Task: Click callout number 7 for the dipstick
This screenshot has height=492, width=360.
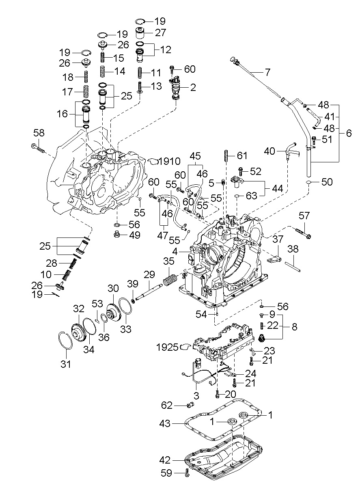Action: pyautogui.click(x=267, y=73)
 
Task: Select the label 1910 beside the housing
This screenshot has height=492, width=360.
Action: pyautogui.click(x=170, y=161)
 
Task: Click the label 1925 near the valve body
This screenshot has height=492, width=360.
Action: pyautogui.click(x=167, y=347)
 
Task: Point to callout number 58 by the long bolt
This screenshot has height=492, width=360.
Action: pyautogui.click(x=39, y=133)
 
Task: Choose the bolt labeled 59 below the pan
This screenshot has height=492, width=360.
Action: pyautogui.click(x=186, y=473)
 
